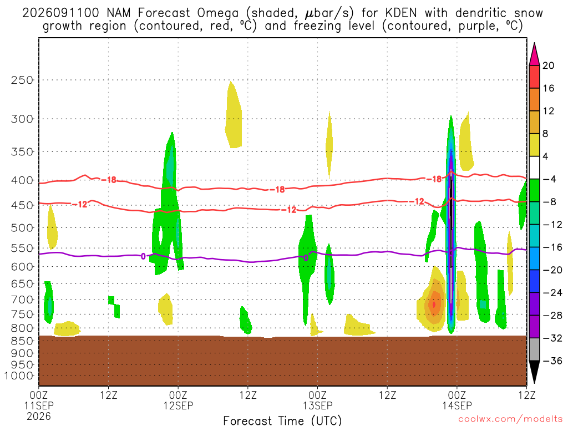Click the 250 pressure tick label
(x=22, y=80)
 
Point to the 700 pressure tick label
(x=22, y=300)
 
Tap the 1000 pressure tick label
(x=19, y=376)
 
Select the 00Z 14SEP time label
(x=457, y=400)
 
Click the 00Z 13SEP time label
(x=318, y=400)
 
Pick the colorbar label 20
(x=549, y=65)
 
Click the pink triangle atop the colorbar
(x=534, y=54)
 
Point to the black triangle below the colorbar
(x=534, y=371)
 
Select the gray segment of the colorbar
(x=534, y=349)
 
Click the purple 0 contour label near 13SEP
(x=306, y=258)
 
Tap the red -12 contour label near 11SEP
(x=80, y=205)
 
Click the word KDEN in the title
(x=401, y=13)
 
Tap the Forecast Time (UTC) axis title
(x=282, y=420)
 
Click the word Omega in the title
(x=217, y=13)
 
